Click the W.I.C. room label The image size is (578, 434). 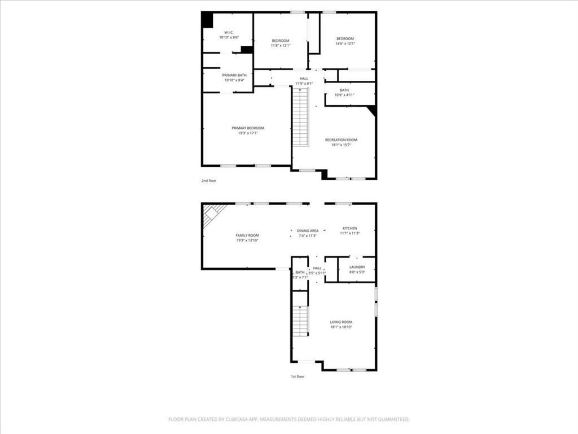coord(229,32)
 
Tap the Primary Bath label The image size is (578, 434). coord(234,75)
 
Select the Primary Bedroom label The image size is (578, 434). coord(248,128)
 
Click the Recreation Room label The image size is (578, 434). coord(341,140)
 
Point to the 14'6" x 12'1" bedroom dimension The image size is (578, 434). coord(345,44)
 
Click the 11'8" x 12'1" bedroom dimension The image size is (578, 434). coord(281,46)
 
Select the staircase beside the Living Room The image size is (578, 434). coord(300,322)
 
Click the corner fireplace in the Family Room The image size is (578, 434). coord(213,214)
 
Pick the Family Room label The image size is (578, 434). coord(247,235)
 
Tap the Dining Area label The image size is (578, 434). coord(308,231)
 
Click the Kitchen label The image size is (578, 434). coord(350,228)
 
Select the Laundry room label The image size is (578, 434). coord(357,267)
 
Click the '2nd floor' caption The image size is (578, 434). coord(209,181)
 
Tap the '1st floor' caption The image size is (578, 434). coord(297,376)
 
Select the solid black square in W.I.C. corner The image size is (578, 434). coord(208,20)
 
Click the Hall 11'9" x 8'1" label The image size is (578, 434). coord(304,79)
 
